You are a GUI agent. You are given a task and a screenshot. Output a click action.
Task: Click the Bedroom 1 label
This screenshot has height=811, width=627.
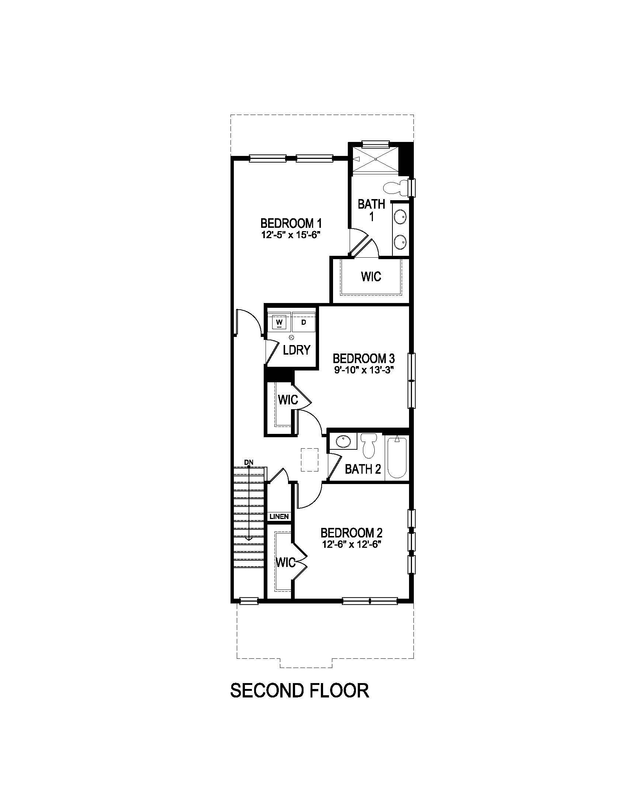[291, 223]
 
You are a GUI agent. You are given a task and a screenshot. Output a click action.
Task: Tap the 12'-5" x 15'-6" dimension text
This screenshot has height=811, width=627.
[291, 235]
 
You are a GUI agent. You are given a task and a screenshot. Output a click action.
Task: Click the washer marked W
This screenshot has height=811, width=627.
[279, 322]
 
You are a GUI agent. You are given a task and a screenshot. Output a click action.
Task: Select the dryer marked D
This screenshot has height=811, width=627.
[304, 322]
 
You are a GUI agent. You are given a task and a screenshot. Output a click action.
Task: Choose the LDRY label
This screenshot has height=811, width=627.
[296, 350]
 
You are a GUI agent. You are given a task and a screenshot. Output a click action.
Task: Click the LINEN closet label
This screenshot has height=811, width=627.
[279, 516]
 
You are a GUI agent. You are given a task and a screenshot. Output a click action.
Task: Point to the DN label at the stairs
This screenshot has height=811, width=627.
[249, 462]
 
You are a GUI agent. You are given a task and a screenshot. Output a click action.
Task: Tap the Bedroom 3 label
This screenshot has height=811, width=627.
[364, 359]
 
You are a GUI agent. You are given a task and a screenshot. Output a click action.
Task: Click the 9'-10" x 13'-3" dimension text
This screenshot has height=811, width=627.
[364, 370]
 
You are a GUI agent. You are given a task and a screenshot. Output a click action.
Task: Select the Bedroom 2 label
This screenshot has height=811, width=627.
[351, 533]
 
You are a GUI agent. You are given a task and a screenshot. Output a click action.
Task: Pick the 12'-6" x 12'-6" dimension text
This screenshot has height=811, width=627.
[351, 544]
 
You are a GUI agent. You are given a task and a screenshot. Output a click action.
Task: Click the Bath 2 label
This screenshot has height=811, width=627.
[363, 469]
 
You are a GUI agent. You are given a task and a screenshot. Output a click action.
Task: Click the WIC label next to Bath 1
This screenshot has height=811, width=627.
[371, 276]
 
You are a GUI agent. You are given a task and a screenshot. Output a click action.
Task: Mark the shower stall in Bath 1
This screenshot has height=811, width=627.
[375, 159]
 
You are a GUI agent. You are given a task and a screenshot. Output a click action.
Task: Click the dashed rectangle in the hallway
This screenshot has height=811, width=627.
[309, 460]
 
